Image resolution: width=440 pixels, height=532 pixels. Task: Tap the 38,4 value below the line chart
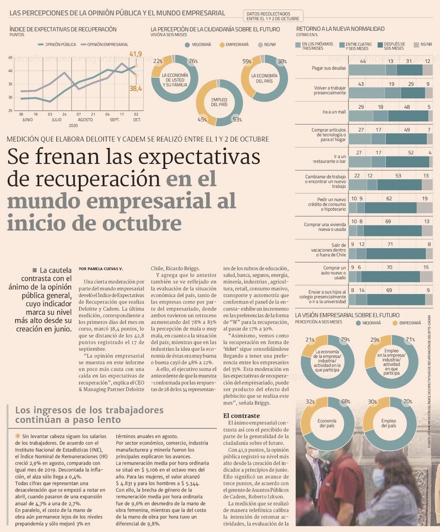[136, 89]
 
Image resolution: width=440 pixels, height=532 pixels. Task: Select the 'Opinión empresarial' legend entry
[107, 44]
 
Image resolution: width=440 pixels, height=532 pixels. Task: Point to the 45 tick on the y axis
[11, 58]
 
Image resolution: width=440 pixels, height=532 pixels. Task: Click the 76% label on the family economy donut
[193, 61]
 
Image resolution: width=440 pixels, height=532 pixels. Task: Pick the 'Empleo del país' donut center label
[219, 102]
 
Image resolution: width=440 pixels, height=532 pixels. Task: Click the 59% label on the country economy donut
[246, 61]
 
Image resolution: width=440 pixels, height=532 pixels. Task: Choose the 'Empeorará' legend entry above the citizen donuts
[237, 44]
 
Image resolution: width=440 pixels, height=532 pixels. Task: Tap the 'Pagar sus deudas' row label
[329, 69]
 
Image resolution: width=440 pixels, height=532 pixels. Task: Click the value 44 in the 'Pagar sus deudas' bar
[363, 61]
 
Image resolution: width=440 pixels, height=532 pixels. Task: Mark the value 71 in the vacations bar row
[390, 244]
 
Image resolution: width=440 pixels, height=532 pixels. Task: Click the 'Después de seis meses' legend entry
[394, 46]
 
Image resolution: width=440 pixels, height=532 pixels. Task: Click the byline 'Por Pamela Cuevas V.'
[101, 268]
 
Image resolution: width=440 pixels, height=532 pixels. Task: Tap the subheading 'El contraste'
[241, 415]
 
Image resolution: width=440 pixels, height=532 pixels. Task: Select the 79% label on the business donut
[345, 339]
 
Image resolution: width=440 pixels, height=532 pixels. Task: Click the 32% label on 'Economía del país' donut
[310, 401]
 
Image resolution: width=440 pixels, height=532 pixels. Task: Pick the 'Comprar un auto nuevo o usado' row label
[334, 273]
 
